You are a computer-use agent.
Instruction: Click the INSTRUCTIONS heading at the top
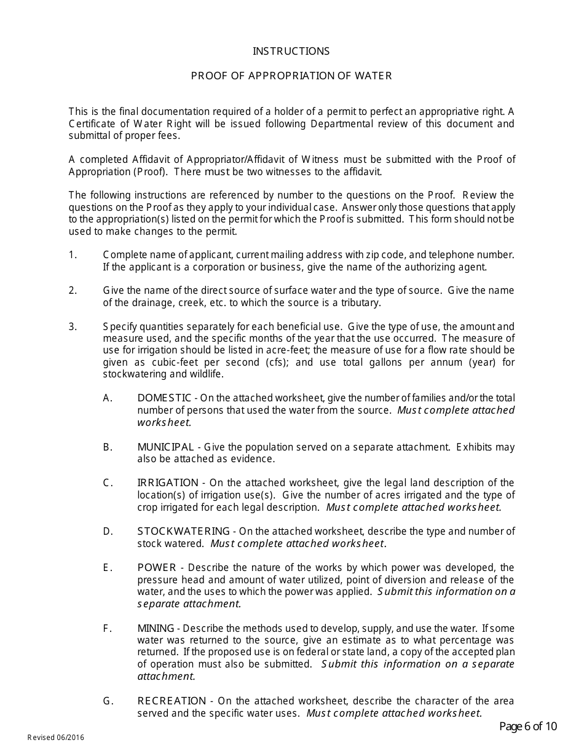291,52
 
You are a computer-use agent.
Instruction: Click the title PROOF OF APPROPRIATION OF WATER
291,76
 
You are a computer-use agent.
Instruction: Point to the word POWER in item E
157,568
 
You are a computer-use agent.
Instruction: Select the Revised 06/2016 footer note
55,738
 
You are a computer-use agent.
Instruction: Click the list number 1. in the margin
73,254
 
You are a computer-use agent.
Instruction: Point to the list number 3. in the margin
73,327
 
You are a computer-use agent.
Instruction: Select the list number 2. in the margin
73,291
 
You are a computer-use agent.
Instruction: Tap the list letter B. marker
108,447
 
